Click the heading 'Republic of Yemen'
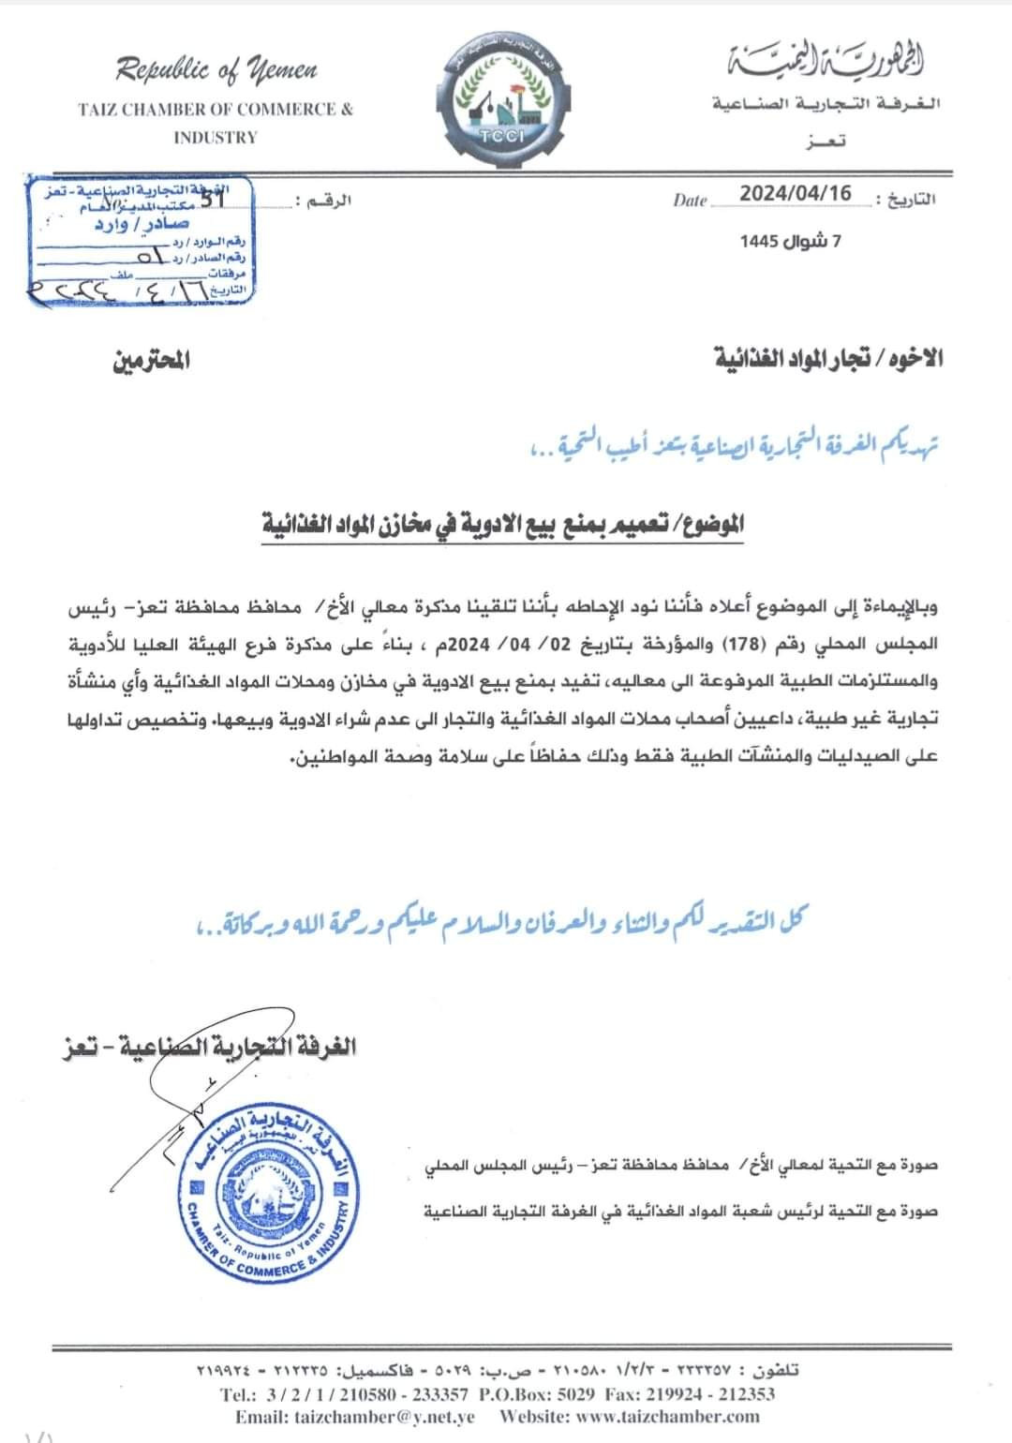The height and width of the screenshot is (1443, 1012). click(x=216, y=69)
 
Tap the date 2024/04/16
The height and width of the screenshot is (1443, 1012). click(x=796, y=194)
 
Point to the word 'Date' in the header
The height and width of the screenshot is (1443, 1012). click(x=690, y=200)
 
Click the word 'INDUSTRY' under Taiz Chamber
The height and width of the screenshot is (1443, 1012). click(x=215, y=137)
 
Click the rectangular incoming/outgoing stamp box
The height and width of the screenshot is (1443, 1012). click(x=139, y=240)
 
